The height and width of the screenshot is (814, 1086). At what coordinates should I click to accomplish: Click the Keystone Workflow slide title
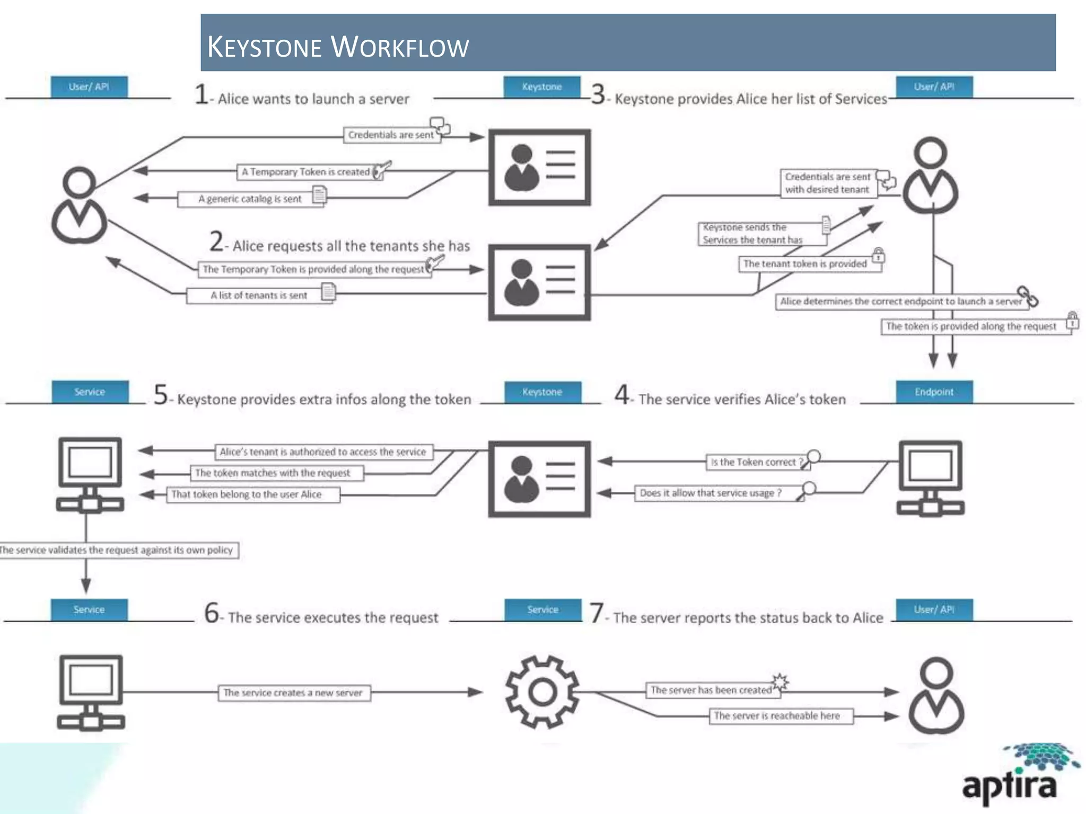point(338,47)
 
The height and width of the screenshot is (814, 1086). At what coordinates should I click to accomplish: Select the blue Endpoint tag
point(934,392)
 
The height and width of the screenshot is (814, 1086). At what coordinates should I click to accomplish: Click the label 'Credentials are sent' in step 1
point(391,135)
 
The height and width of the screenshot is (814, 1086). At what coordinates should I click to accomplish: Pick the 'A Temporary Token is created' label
point(305,172)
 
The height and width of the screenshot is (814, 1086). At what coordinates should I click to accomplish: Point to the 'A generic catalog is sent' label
point(250,199)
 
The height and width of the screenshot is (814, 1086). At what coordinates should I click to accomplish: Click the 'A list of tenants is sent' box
point(259,296)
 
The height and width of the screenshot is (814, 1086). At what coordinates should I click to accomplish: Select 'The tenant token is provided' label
point(804,264)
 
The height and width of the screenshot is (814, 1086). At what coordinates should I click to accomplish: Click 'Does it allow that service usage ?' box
point(711,493)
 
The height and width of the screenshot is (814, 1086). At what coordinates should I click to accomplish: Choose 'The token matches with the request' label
point(273,473)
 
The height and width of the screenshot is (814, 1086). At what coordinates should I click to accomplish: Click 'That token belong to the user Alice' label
point(247,494)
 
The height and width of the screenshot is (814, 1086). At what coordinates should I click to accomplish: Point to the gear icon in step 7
point(542,692)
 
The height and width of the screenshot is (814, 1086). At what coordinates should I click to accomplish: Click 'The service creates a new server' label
point(293,693)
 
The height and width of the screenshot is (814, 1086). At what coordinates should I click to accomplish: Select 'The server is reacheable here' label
point(777,716)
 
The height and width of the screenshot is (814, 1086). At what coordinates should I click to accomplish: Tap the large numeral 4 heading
point(621,395)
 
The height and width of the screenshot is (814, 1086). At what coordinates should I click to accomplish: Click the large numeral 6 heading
point(212,613)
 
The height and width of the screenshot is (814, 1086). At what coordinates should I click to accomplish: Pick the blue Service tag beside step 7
point(542,610)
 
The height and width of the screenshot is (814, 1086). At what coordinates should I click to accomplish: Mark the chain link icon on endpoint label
point(1027,296)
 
